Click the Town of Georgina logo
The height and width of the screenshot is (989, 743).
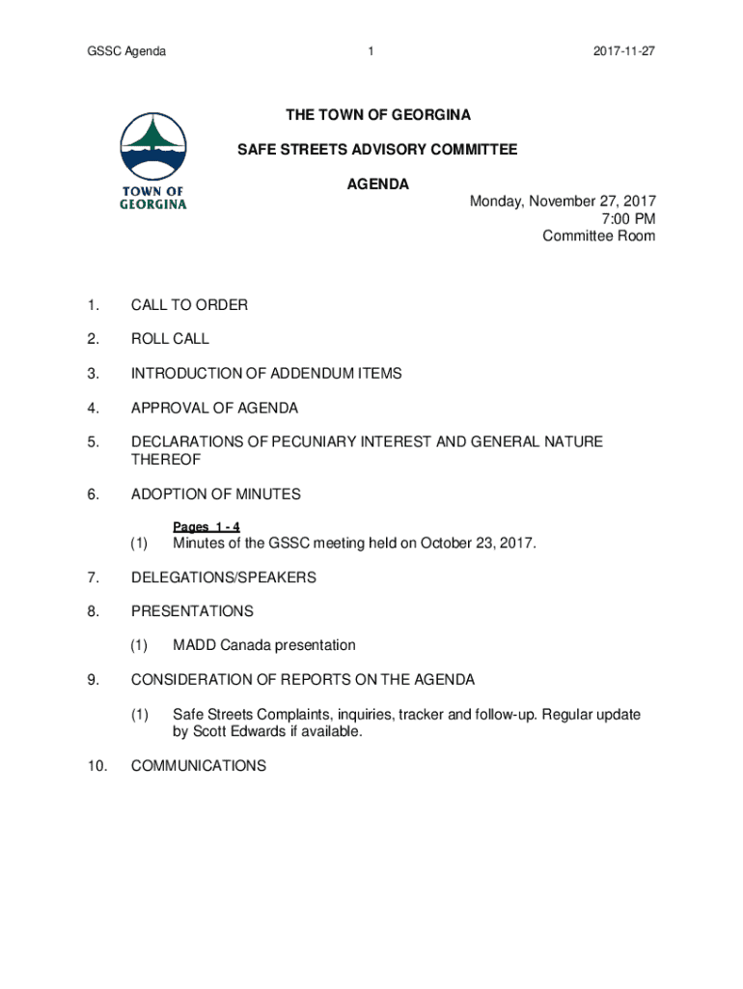[x=153, y=161]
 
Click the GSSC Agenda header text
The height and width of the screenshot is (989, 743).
[x=126, y=51]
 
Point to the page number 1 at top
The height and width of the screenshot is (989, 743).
[x=371, y=51]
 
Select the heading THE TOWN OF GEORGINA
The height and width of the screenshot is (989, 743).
[x=378, y=116]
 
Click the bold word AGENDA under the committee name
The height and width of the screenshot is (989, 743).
[x=378, y=184]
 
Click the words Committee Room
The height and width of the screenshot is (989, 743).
[x=598, y=236]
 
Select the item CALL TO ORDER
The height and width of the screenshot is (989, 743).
[x=189, y=305]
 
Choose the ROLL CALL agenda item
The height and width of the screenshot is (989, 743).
[x=170, y=339]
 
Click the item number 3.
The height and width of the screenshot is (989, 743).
[x=92, y=373]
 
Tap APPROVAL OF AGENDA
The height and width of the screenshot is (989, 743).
[x=214, y=408]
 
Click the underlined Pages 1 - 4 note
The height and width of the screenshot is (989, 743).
[x=206, y=526]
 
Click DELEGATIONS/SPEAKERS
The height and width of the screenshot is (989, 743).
[x=224, y=578]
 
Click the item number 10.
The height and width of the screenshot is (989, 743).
[x=95, y=765]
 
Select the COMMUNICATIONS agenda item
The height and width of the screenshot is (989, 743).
[x=198, y=765]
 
